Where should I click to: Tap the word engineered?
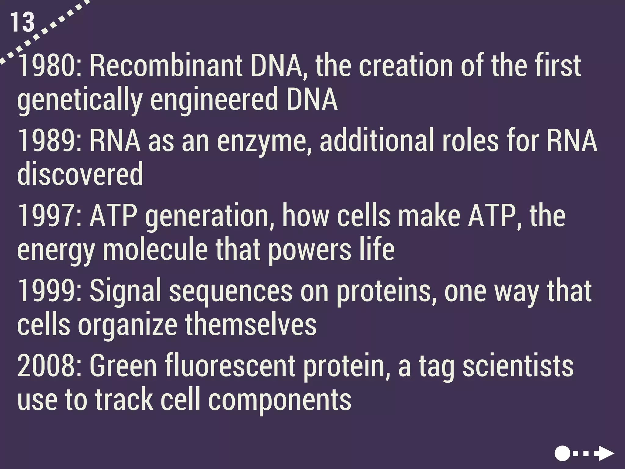(214, 99)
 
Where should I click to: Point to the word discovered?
(80, 174)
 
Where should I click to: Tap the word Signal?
(125, 291)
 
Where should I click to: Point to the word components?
(280, 400)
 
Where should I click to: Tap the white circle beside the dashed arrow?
(562, 453)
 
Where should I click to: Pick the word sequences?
(230, 291)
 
